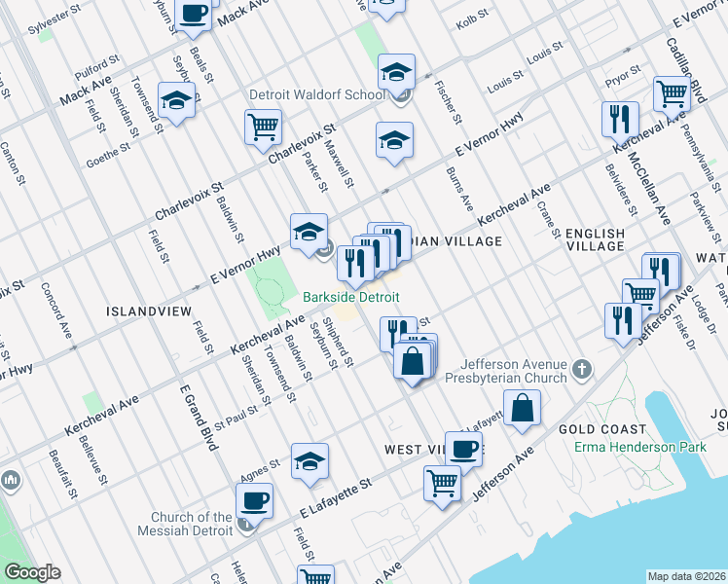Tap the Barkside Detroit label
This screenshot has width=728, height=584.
(350, 297)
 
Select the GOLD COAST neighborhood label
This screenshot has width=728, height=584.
(602, 429)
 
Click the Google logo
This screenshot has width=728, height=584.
(33, 572)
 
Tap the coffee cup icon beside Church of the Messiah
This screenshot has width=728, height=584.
(254, 500)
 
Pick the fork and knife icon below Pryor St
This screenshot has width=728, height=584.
(620, 120)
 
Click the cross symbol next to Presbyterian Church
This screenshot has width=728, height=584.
(581, 369)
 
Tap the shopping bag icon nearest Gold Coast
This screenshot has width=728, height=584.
(523, 408)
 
